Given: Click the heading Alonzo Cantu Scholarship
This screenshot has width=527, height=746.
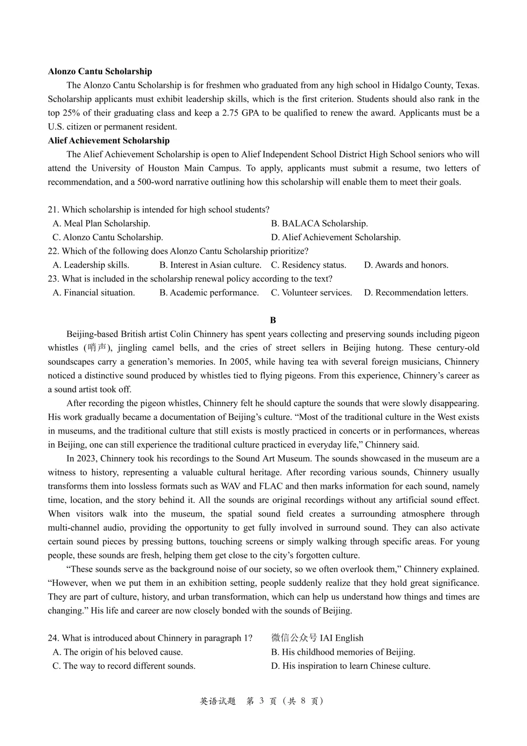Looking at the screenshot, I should (100, 71).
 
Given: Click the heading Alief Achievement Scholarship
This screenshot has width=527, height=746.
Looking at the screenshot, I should (109, 141).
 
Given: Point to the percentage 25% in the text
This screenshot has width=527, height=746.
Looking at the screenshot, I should (70, 113).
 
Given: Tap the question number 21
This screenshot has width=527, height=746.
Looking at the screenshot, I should (53, 209).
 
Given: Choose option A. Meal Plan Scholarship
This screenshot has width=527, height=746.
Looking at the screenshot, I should (101, 224).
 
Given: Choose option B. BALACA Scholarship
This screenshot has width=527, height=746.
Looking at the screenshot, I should (319, 224).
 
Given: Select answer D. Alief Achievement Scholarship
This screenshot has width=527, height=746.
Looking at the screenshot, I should (336, 237).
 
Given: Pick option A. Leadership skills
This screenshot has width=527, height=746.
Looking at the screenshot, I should (91, 265).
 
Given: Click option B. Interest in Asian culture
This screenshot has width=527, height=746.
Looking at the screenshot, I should (210, 265).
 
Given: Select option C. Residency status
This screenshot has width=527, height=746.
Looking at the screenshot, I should (308, 265).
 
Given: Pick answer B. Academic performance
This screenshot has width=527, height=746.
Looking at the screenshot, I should (209, 293).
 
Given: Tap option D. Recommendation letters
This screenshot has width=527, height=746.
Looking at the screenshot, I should (416, 293).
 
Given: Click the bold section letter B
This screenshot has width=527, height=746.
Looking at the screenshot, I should (273, 320).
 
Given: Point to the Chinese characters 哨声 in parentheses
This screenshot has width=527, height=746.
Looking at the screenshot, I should (97, 348).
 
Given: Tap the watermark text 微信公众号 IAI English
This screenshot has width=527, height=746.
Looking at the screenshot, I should (317, 638).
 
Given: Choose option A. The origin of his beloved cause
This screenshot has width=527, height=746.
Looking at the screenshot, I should (118, 652).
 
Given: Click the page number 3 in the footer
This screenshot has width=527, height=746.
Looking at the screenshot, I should (262, 701).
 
